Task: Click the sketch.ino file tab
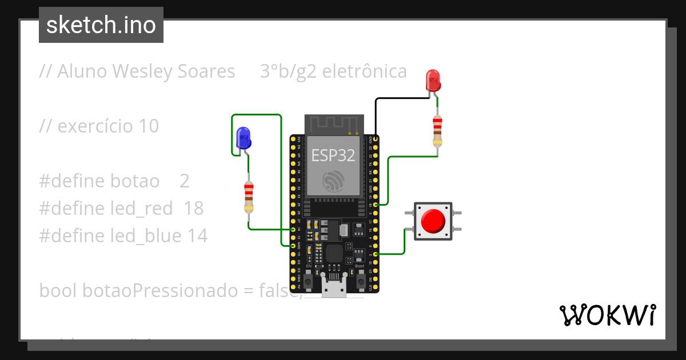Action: pos(101,25)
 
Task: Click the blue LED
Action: pos(243,138)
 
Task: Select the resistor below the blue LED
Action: pos(249,196)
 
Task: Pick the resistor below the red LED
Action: pos(437,130)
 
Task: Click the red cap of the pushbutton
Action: pos(433,221)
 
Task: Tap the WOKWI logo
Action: pos(608,315)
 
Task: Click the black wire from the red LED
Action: pos(376,114)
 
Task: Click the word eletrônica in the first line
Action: pos(365,71)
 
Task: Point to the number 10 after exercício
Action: pos(149,126)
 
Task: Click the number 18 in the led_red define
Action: pos(193,209)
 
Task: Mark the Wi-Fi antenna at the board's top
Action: pos(334,123)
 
